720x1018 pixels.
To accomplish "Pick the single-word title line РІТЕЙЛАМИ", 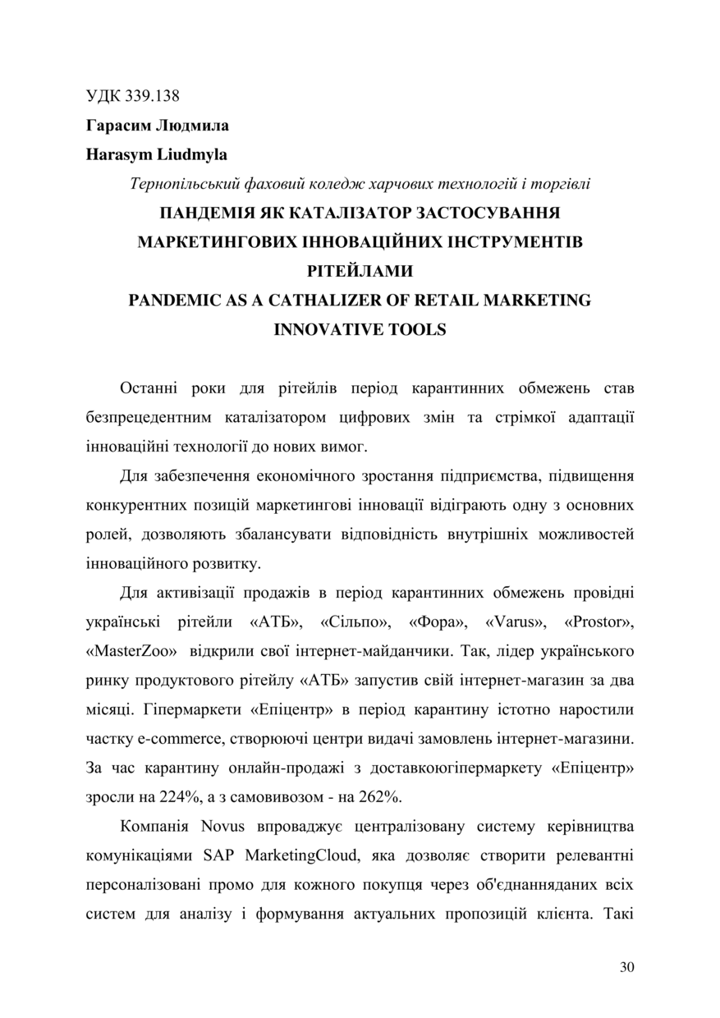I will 360,272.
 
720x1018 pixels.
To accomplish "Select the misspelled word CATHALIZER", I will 317,300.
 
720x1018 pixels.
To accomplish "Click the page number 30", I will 627,967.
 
